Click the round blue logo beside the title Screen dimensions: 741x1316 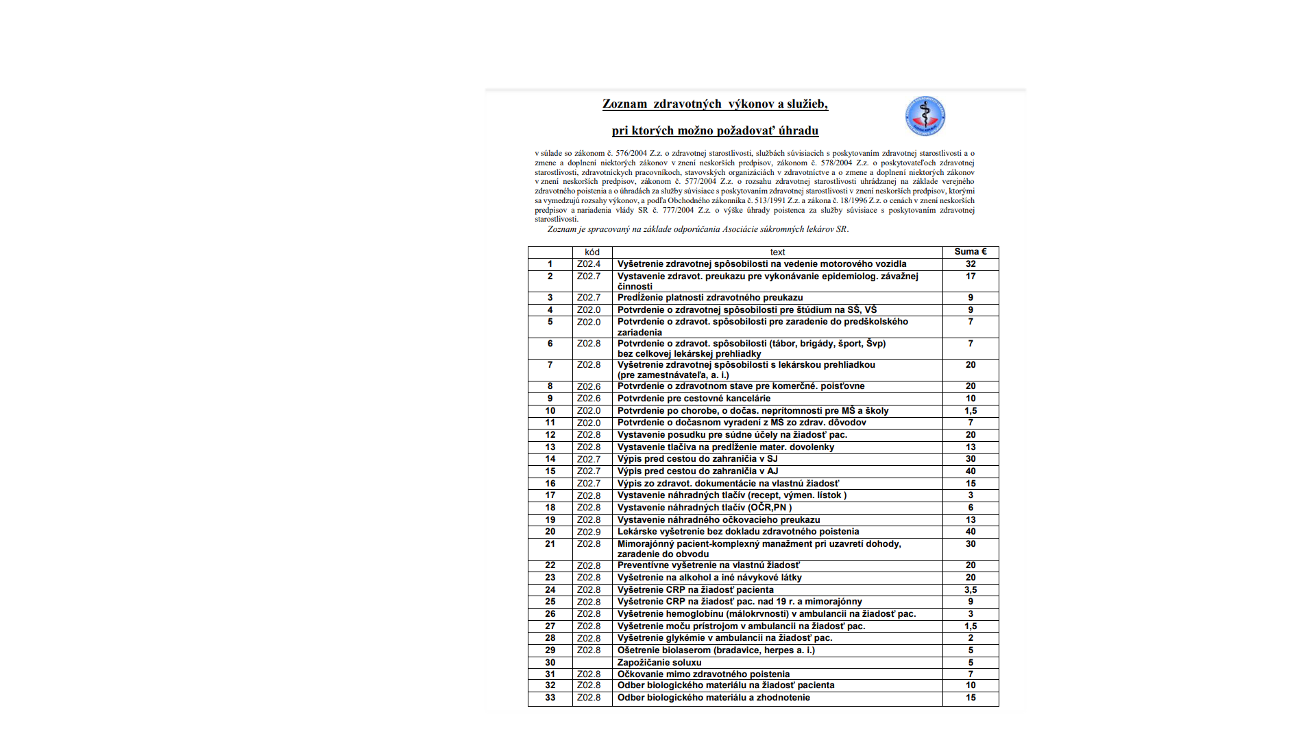click(925, 116)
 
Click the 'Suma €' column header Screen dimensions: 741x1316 click(970, 252)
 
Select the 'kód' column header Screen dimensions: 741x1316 click(592, 252)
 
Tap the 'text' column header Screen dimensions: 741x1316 click(777, 252)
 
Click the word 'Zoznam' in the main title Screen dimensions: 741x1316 click(624, 104)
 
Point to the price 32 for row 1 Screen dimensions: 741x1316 click(971, 264)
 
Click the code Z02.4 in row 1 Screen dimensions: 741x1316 click(589, 264)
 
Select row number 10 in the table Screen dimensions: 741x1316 click(550, 411)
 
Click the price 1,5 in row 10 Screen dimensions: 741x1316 click(971, 411)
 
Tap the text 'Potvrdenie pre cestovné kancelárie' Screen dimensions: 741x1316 click(694, 399)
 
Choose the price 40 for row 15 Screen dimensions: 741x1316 click(971, 471)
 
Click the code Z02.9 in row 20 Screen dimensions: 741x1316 click(589, 532)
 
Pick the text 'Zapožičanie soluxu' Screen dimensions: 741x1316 click(659, 663)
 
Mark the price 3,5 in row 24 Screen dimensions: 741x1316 click(971, 590)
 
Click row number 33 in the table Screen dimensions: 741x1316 click(550, 698)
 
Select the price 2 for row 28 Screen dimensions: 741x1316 click(971, 638)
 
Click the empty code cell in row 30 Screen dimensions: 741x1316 click(592, 663)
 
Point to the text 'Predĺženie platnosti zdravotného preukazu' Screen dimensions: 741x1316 click(710, 298)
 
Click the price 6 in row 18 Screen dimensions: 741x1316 click(971, 508)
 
